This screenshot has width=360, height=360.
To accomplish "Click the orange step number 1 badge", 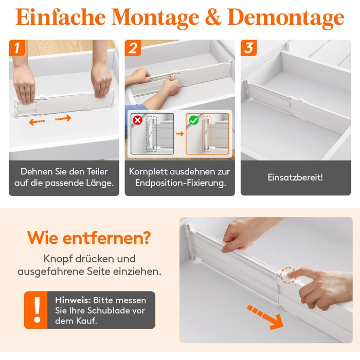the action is tap(17, 48).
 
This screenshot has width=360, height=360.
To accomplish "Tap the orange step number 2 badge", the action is tap(133, 48).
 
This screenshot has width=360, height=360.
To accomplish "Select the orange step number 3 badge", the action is tap(248, 48).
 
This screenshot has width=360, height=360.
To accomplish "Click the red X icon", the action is tap(137, 120).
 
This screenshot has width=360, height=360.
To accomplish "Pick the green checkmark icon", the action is tap(193, 120).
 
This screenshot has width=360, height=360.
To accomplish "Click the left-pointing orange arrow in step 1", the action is tap(37, 122).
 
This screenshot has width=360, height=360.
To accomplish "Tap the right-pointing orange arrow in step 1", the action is tap(63, 118).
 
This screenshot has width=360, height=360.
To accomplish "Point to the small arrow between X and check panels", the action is tap(180, 134).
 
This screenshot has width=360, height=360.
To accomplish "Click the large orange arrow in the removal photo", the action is tap(266, 317).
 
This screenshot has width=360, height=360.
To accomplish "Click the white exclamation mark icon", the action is tap(37, 310).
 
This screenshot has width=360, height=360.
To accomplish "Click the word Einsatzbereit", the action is tap(295, 177).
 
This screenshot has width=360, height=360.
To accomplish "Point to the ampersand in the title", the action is tap(213, 17).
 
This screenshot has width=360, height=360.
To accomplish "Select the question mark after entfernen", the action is tap(146, 238).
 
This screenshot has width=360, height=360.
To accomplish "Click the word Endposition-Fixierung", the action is tap(181, 183).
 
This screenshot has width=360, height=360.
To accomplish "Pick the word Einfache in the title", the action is tap(61, 17).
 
